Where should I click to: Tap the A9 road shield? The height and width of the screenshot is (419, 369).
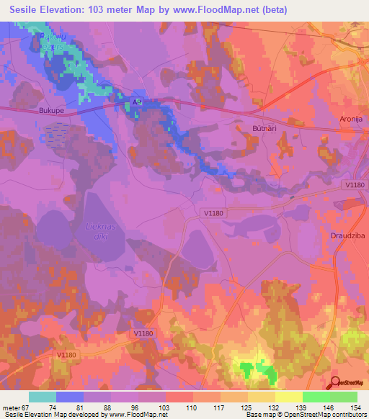(138, 103)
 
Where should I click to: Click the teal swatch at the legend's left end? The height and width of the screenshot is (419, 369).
(43, 397)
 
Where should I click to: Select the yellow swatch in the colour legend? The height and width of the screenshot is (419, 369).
(288, 397)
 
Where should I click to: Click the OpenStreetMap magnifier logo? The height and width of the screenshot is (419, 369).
(335, 383)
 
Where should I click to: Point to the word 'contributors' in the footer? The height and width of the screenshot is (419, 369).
(347, 414)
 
